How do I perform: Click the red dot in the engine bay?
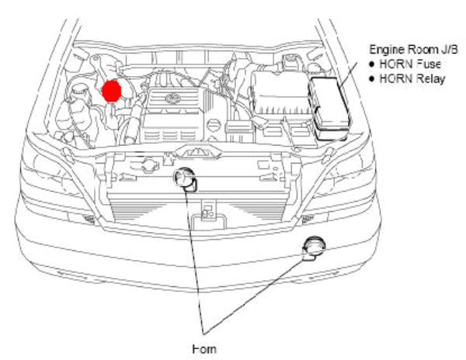pos(112,91)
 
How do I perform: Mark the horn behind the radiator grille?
pos(186,180)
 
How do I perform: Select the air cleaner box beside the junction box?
pos(279,98)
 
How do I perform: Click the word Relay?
pos(431,79)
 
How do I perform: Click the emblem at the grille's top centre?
pos(192,149)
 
